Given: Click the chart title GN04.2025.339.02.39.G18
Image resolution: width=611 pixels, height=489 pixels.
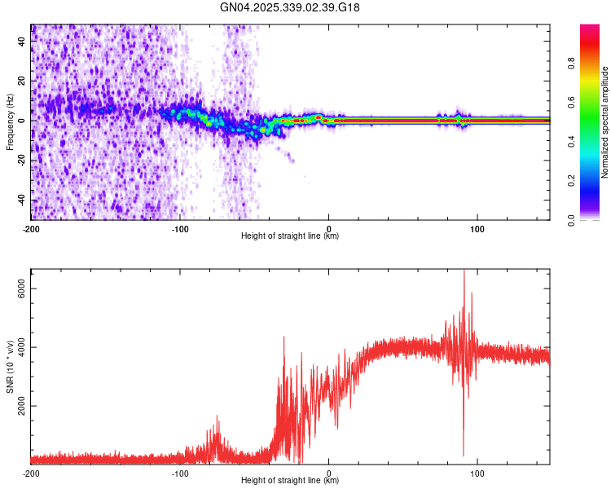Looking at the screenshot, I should pyautogui.click(x=291, y=7).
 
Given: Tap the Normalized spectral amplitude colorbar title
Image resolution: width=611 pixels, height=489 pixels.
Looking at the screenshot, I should pyautogui.click(x=605, y=121).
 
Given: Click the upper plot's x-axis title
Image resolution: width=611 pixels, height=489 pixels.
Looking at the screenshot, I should pyautogui.click(x=290, y=236).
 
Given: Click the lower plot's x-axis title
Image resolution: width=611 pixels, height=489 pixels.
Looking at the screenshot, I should pyautogui.click(x=290, y=481).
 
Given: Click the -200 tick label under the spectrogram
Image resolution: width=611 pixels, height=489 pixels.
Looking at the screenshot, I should pyautogui.click(x=31, y=227).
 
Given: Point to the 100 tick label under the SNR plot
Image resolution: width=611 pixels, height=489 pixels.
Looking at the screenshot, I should pyautogui.click(x=477, y=472).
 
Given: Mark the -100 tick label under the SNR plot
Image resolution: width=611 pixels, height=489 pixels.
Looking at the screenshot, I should pyautogui.click(x=180, y=472).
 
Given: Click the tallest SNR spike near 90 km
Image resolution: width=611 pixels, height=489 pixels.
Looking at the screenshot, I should pyautogui.click(x=464, y=272).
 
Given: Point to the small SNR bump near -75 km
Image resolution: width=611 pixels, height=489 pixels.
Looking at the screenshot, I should pyautogui.click(x=218, y=417).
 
